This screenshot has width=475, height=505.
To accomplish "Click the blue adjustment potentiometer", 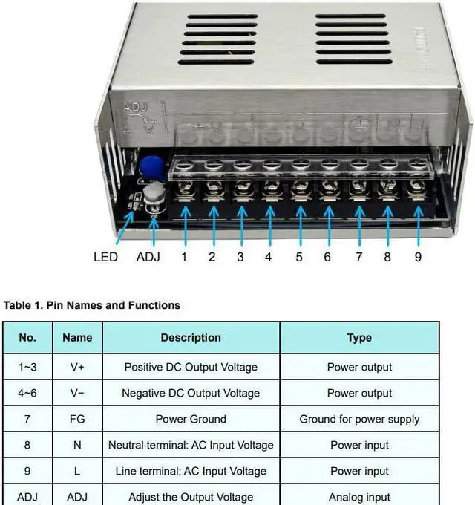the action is [x=151, y=166].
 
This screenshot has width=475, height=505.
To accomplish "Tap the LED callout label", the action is [x=105, y=257].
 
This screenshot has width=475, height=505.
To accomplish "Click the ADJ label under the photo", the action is [x=148, y=257].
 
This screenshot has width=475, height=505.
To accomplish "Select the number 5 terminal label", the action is [x=299, y=257].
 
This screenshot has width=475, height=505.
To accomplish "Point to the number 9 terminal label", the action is [x=418, y=257].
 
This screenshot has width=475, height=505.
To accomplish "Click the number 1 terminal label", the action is [x=184, y=257].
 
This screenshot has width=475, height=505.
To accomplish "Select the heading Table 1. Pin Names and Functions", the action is [x=92, y=304].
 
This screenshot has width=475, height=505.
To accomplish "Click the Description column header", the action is [x=191, y=337].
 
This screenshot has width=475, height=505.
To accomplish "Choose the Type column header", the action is [x=359, y=337].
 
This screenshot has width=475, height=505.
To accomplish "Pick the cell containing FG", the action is [x=77, y=419].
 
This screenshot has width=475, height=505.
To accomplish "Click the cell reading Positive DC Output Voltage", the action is [x=191, y=367].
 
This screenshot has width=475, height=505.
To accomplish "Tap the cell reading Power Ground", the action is [x=191, y=419].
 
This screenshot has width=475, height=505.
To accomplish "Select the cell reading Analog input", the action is [x=359, y=497].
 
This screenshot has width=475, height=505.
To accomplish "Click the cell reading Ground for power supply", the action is [x=359, y=419].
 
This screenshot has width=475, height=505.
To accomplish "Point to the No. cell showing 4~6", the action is [x=27, y=393].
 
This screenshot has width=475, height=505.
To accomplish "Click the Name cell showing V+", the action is [x=77, y=367].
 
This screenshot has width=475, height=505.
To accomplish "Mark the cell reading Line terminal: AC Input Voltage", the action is [x=191, y=471].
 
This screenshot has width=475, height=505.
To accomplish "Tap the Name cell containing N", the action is [x=77, y=445].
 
